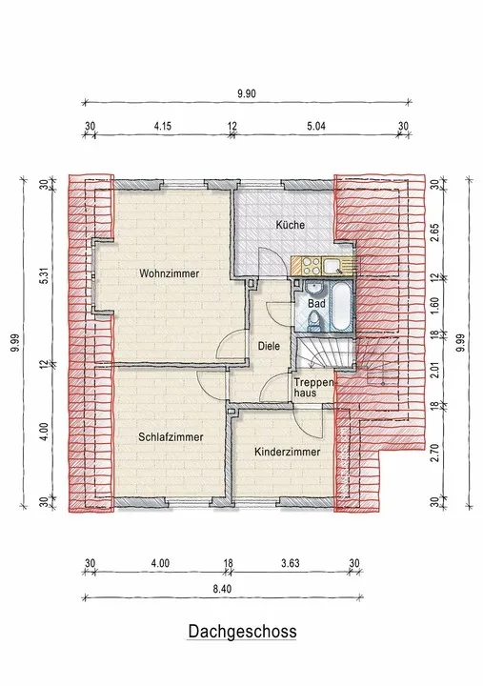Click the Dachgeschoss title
coord(242,632)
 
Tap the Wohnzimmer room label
coord(170,273)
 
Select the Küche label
coord(290,225)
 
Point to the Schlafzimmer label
coord(171,437)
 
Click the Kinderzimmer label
coord(288,452)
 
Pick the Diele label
coord(269,346)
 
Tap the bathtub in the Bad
coord(340,306)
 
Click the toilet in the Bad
coord(313,321)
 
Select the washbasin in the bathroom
coord(313,289)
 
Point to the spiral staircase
coord(325,354)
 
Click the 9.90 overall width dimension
coord(247,93)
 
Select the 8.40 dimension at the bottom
coord(222,589)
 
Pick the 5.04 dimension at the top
coord(316,127)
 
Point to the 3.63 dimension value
coord(290,563)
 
